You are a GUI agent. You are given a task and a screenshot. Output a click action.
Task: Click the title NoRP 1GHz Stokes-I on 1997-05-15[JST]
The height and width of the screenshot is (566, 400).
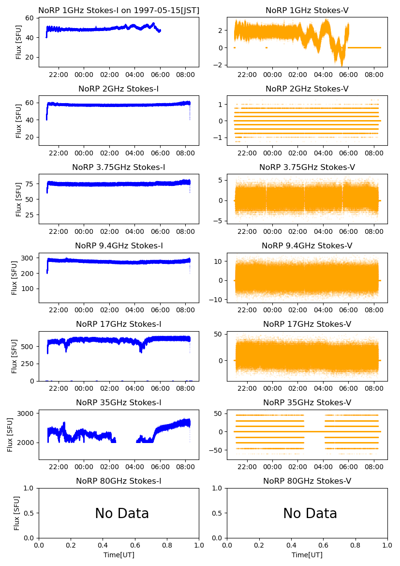coord(119,10)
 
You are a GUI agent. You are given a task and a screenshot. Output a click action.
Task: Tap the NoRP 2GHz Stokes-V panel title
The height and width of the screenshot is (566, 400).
coord(307,89)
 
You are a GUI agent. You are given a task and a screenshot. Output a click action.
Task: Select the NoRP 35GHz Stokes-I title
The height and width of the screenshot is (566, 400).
coord(119,402)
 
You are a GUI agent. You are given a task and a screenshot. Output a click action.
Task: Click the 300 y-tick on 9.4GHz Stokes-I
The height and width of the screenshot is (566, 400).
coord(29,258)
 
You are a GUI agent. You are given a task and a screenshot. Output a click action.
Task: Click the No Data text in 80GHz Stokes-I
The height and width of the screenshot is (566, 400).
coord(122,514)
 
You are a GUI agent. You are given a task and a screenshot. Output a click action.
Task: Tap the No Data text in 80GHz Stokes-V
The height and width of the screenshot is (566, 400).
coord(310,514)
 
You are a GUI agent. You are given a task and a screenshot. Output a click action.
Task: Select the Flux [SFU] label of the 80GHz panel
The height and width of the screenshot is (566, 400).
coord(17,513)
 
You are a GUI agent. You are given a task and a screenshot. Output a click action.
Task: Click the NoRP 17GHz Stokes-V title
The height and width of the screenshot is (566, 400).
coord(307,324)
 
